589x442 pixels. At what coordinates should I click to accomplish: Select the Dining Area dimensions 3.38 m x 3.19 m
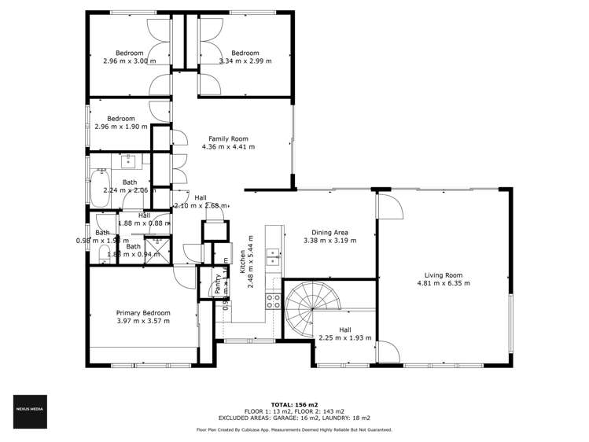click(329, 240)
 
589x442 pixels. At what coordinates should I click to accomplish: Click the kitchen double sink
click(272, 253)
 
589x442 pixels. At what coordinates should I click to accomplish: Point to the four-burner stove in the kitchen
click(272, 299)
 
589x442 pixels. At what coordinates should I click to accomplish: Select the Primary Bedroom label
click(142, 312)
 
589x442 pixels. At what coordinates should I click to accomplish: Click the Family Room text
click(229, 138)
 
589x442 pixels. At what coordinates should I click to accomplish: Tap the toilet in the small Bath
click(105, 253)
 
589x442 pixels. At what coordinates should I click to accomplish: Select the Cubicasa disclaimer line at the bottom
click(294, 430)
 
